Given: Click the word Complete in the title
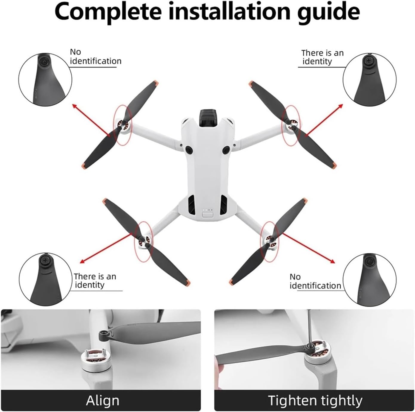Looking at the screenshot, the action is tap(108, 11).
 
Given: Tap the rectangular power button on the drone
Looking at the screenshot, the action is tap(207, 215).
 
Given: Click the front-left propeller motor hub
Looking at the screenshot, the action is tap(124, 126).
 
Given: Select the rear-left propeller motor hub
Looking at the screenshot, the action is tap(145, 241).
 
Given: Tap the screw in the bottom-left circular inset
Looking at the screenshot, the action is tap(45, 260).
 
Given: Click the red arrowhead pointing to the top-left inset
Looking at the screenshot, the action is tap(75, 106).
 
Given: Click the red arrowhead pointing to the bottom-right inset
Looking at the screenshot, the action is tap(332, 261).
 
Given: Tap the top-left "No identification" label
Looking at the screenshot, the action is tap(96, 57).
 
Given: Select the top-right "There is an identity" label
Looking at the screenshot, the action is tap(322, 57).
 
